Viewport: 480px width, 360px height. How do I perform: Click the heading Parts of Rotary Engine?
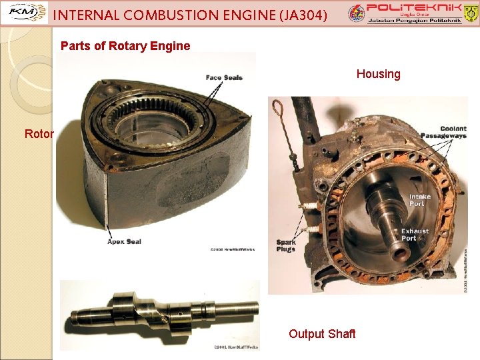(x=125, y=46)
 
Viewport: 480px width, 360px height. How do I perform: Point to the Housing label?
(x=378, y=74)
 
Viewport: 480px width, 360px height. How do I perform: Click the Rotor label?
(x=39, y=133)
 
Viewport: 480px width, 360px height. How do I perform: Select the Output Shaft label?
(x=322, y=333)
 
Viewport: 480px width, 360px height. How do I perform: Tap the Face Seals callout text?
(x=224, y=77)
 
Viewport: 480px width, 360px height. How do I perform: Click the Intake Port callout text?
(x=420, y=200)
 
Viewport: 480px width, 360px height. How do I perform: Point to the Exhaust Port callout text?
(x=415, y=235)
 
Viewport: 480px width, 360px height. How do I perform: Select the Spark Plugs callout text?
(x=285, y=245)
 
